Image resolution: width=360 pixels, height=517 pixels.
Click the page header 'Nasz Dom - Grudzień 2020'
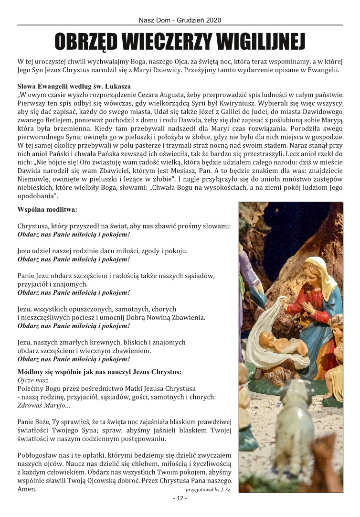tap(180, 21)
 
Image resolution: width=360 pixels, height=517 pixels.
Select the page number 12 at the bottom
tap(180, 498)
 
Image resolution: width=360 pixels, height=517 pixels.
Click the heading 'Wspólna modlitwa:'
tap(47, 209)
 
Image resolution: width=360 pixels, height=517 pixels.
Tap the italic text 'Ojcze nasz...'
tap(35, 380)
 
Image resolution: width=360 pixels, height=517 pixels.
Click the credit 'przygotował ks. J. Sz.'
tap(208, 490)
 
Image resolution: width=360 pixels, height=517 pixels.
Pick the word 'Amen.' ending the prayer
tap(27, 489)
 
